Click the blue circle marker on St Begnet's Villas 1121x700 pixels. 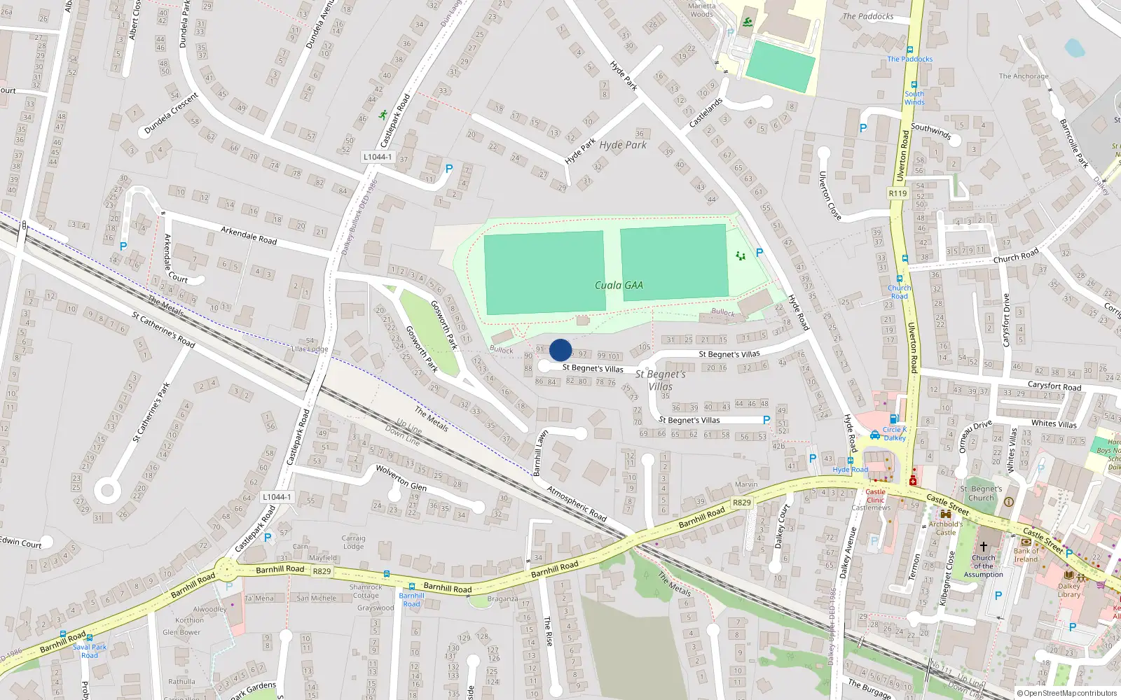[560, 350]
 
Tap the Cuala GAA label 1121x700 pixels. [619, 286]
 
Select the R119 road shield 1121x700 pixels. [898, 193]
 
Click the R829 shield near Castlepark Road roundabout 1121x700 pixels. [322, 571]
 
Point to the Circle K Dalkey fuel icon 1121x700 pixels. [894, 419]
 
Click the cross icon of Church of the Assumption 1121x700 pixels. [983, 547]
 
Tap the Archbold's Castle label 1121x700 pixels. [945, 528]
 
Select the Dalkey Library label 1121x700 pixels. [1068, 590]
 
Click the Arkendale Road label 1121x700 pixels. [249, 235]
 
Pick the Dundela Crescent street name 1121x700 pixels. [172, 113]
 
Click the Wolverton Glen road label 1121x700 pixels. [401, 477]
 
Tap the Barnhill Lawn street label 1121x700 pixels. [540, 453]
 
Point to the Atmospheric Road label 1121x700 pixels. [577, 503]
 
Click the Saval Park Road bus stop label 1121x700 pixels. [90, 651]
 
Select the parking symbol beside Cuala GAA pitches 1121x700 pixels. [759, 253]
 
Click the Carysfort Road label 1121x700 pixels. [1054, 386]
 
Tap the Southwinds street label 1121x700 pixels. [930, 131]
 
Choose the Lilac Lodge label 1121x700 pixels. [310, 349]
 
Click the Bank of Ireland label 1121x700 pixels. [1026, 554]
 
